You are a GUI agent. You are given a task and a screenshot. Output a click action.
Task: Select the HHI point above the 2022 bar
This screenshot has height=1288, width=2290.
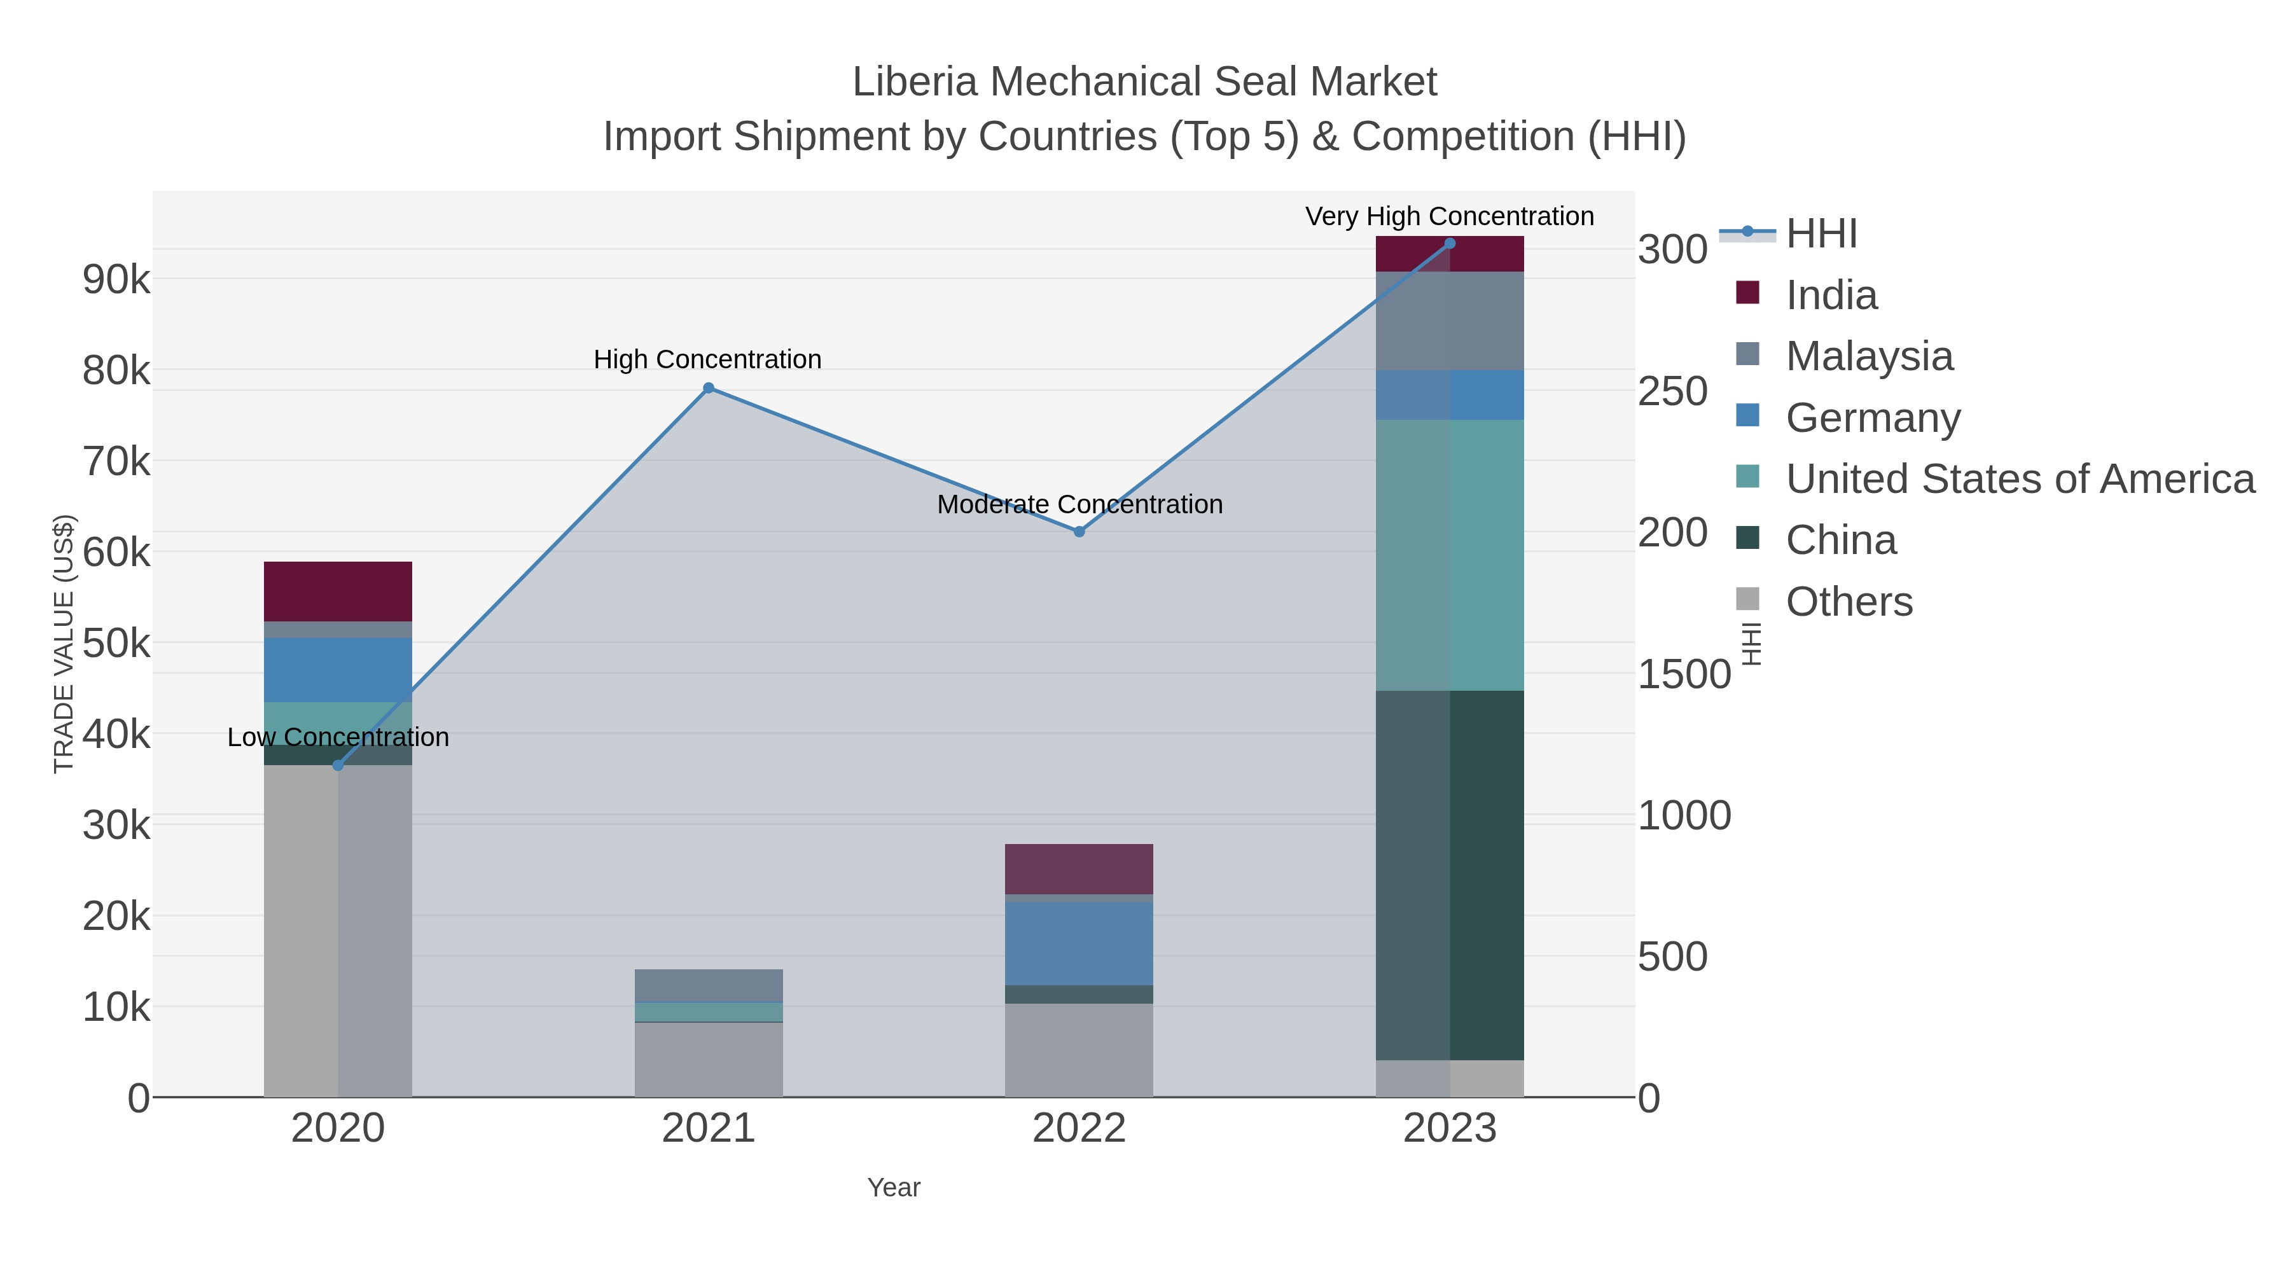(1079, 532)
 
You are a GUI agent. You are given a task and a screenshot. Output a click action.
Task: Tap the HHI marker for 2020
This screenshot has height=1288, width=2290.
(338, 765)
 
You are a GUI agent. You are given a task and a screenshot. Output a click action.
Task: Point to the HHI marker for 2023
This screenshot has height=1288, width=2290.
(1450, 244)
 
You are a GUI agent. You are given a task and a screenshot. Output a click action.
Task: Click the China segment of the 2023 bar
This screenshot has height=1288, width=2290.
(1450, 876)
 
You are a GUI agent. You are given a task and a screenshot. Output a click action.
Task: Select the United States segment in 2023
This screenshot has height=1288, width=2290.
(1450, 555)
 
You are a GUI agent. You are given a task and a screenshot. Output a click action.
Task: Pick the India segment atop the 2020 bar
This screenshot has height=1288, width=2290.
(338, 591)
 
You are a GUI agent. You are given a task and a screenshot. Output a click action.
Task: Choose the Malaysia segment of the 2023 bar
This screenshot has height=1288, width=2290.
(1450, 321)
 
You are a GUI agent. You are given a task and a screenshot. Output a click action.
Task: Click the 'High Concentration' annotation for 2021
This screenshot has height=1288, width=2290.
(707, 360)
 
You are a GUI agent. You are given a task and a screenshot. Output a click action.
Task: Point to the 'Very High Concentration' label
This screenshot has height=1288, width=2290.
(1449, 217)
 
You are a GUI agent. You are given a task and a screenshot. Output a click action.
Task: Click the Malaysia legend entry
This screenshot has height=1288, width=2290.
(1869, 356)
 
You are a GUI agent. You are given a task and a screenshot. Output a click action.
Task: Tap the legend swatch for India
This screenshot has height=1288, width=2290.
(1748, 293)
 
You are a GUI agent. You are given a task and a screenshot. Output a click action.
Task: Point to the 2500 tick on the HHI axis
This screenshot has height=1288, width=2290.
(1673, 392)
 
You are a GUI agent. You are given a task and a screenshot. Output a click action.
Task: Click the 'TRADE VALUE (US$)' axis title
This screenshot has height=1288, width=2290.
(64, 644)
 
